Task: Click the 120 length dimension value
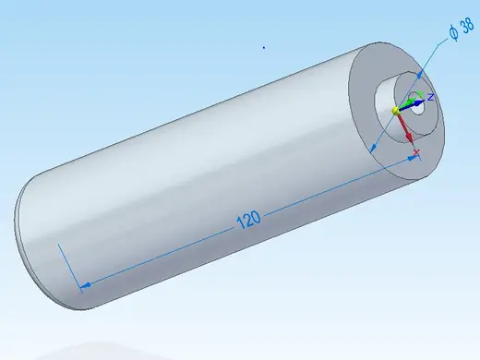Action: [x=248, y=219]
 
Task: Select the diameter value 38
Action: [x=467, y=26]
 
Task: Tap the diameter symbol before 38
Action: [x=453, y=33]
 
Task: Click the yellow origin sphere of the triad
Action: [x=396, y=111]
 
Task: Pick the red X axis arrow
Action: [x=405, y=128]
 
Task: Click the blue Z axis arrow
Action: [x=412, y=104]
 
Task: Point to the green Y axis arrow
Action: [x=409, y=100]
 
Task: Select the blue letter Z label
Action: [x=431, y=97]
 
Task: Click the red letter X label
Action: [x=416, y=152]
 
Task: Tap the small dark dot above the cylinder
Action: [x=264, y=47]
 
